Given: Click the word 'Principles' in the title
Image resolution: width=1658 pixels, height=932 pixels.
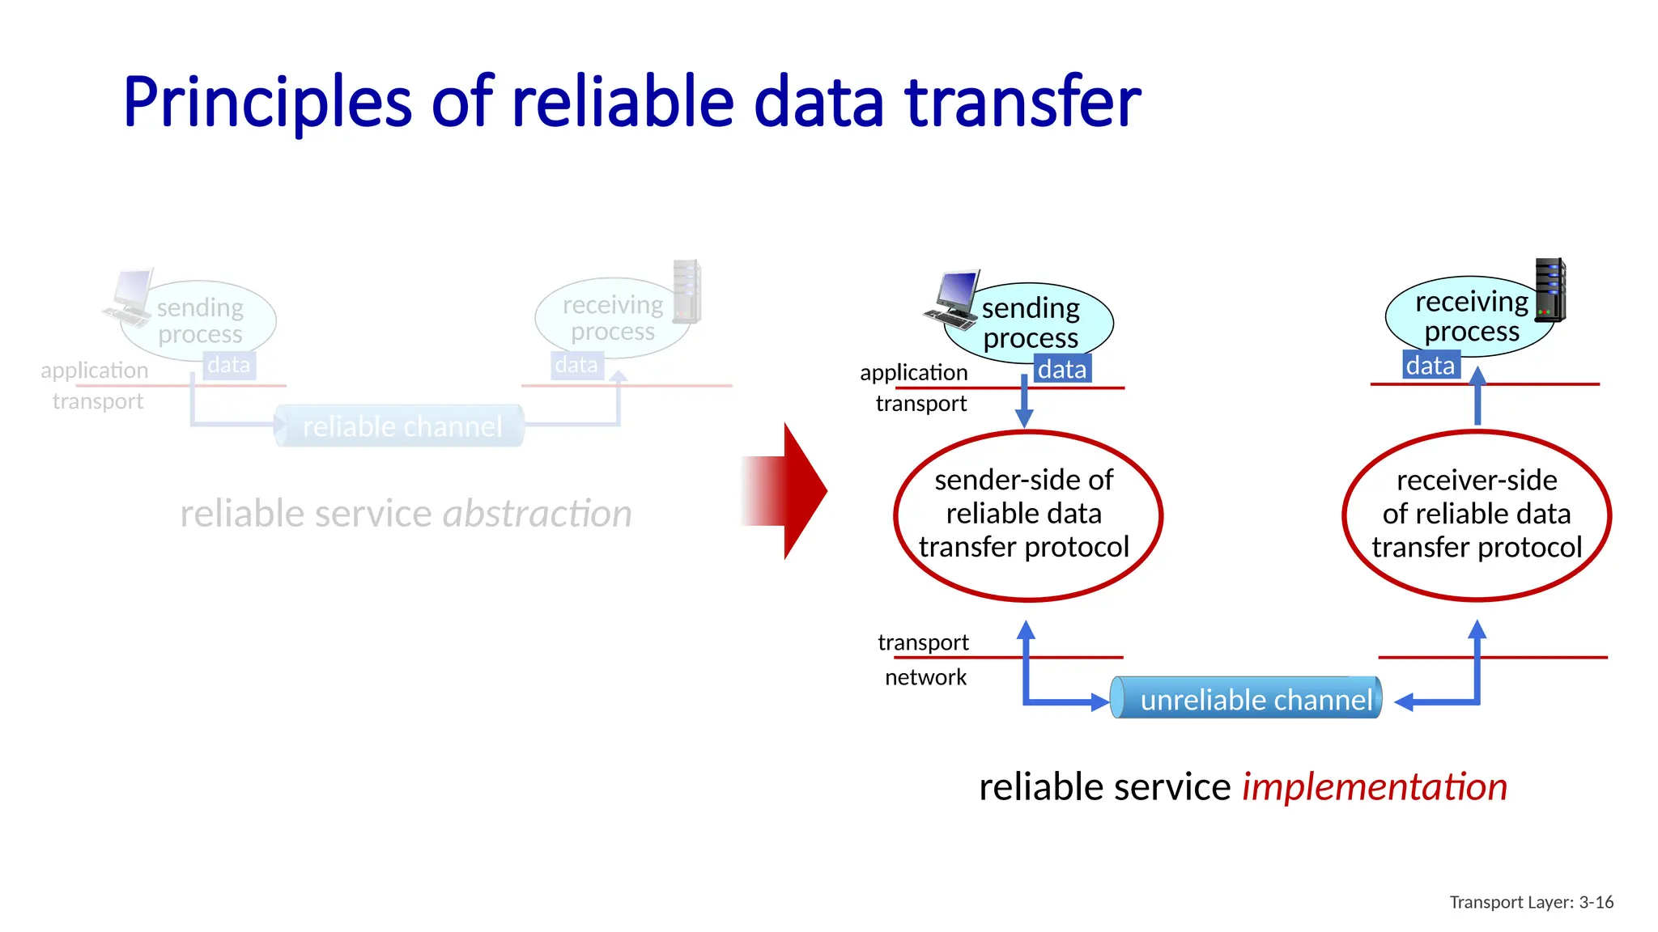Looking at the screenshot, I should (x=267, y=104).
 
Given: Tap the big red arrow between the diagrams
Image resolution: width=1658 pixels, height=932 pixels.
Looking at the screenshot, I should (x=789, y=491).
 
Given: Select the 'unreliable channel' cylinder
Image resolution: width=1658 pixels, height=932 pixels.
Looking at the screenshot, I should (x=1247, y=698).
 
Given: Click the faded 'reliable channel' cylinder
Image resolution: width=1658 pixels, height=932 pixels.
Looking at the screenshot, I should (x=401, y=426).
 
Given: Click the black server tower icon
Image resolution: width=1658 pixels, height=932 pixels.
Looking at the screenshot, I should (x=1550, y=290).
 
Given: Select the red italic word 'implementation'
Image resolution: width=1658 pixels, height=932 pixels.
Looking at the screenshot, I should (x=1375, y=787).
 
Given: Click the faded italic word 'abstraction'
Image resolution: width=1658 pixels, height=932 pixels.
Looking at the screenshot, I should (x=537, y=514).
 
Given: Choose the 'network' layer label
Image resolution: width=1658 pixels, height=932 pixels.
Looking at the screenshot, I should (x=925, y=677).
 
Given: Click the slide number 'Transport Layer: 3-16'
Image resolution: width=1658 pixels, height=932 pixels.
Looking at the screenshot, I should (x=1531, y=902).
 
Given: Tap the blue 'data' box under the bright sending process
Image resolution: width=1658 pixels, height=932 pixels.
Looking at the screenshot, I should (x=1062, y=369).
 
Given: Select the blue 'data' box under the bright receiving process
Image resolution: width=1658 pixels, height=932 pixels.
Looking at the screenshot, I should (x=1431, y=366).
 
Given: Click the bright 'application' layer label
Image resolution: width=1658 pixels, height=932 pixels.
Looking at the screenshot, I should (x=913, y=372).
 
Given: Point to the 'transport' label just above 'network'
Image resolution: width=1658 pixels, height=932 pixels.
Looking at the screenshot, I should (x=923, y=642).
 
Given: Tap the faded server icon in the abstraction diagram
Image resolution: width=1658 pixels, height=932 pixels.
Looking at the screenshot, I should (x=687, y=291).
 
